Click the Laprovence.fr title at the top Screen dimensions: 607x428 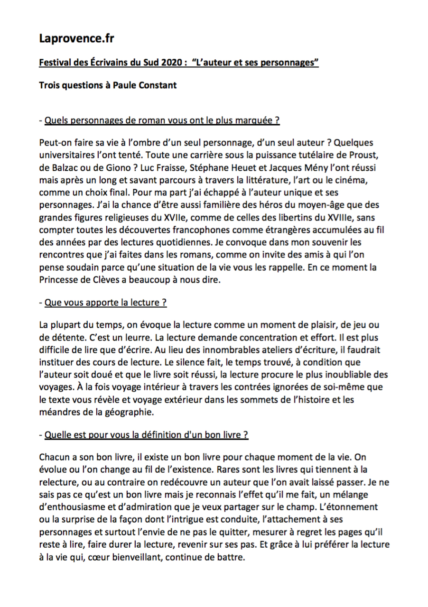77,38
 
